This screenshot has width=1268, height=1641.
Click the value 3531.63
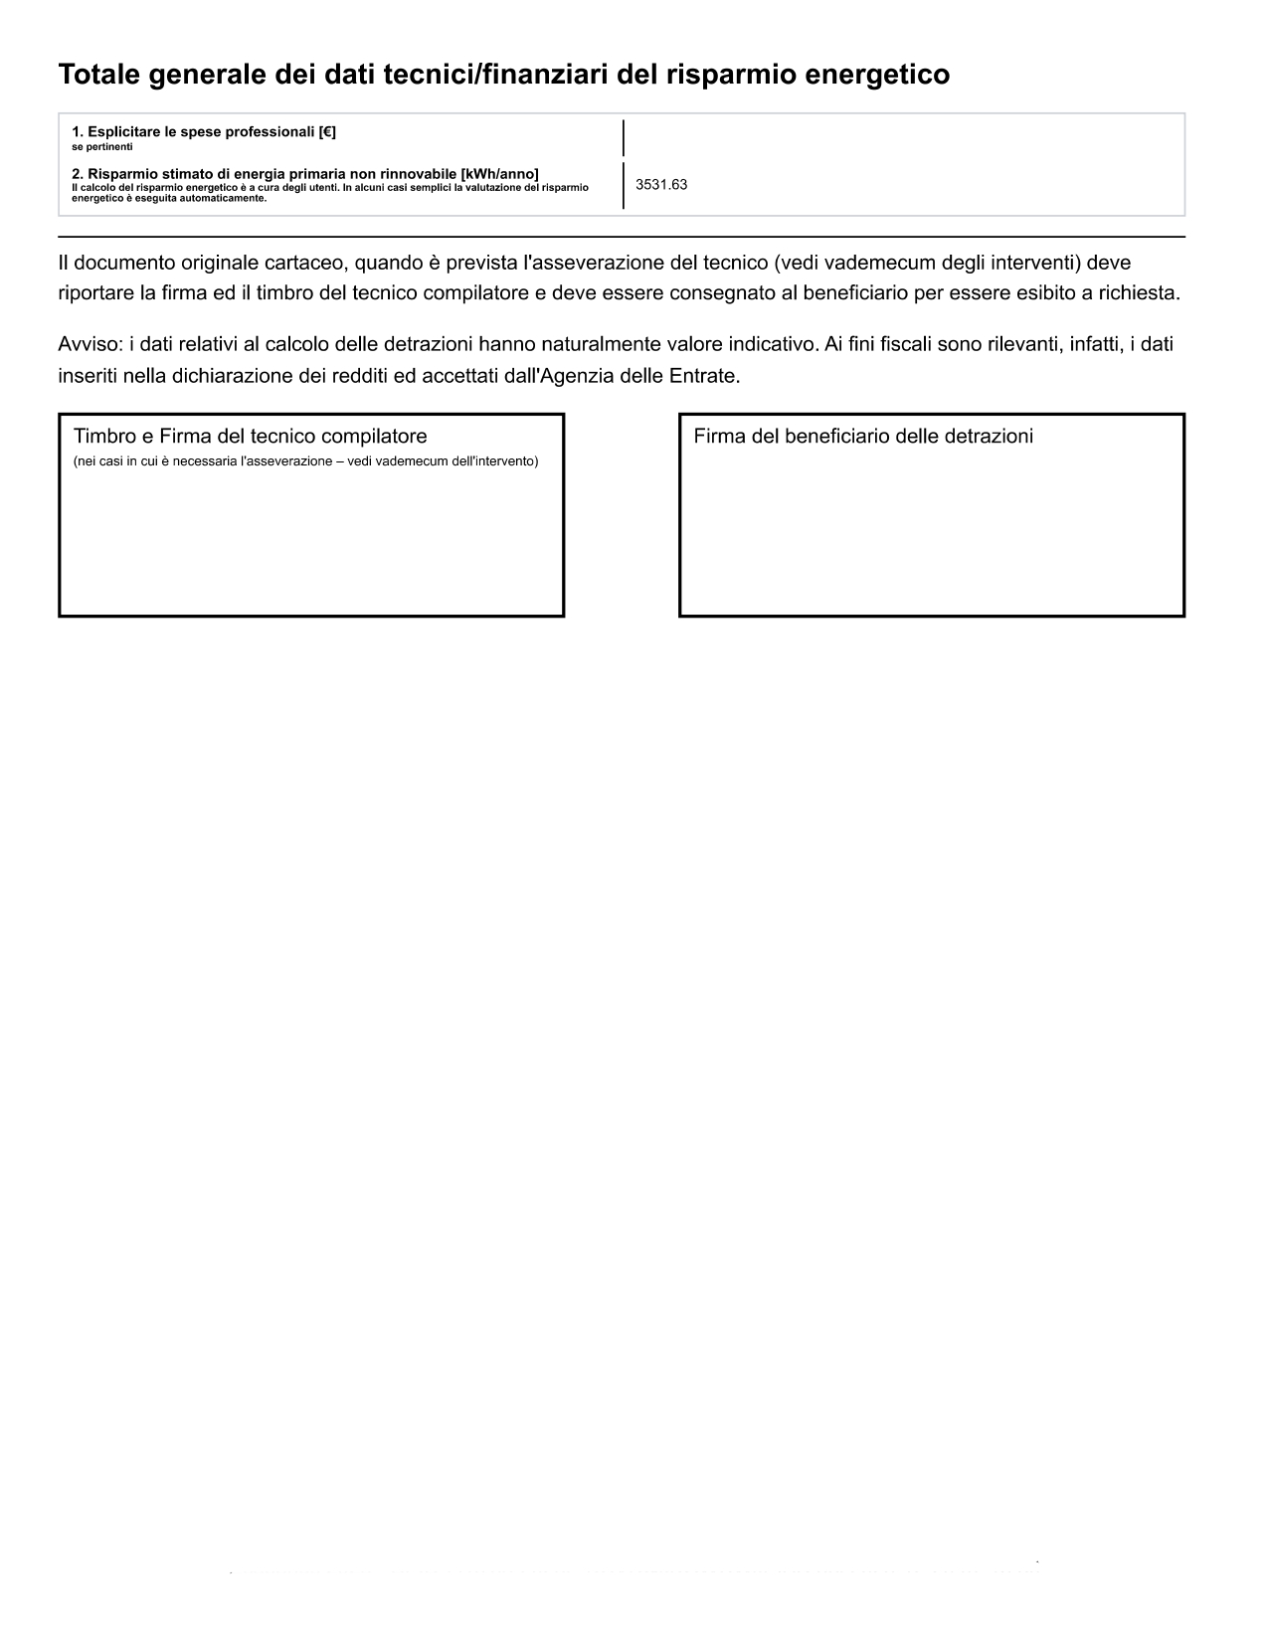point(661,185)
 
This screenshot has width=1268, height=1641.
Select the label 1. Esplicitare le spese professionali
point(203,132)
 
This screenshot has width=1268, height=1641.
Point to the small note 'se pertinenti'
point(102,147)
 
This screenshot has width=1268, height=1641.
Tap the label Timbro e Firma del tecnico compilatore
point(251,437)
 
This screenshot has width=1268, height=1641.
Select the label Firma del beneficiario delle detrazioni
point(863,437)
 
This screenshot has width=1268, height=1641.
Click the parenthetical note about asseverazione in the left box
point(306,461)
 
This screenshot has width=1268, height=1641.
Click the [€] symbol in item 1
point(327,132)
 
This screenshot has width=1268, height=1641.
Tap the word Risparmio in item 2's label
point(118,174)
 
